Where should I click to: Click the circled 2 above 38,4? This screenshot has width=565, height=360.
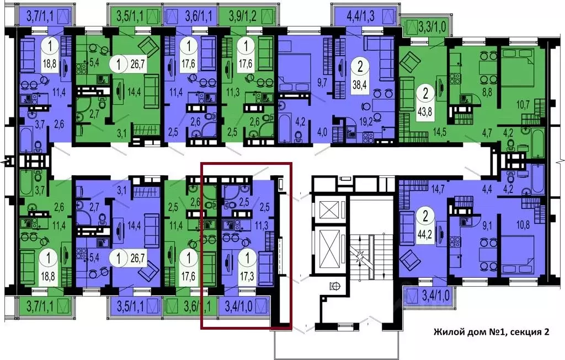click(x=360, y=68)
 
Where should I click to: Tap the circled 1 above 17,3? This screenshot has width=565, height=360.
click(x=250, y=256)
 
